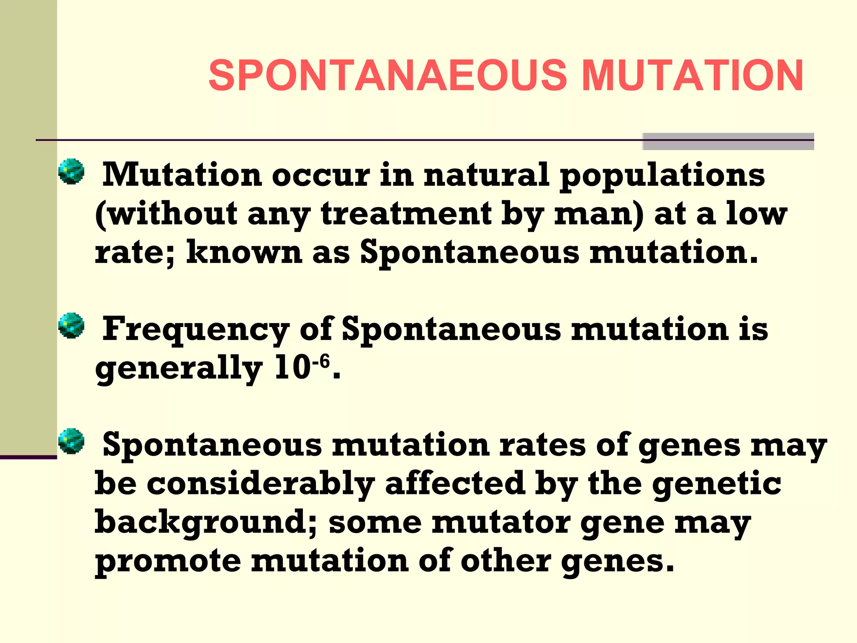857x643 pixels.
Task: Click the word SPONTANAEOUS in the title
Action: point(387,75)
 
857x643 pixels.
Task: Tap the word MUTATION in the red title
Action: point(692,75)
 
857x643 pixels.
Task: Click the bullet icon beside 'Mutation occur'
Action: point(71,171)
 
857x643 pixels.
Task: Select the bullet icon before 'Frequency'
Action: point(71,325)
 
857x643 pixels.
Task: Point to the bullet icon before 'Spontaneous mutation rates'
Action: point(71,441)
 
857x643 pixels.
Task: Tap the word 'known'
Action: point(244,252)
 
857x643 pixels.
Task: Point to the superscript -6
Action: point(321,360)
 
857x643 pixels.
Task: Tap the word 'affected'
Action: point(455,484)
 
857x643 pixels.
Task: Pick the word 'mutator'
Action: point(501,523)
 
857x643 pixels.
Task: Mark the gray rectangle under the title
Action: point(728,141)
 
